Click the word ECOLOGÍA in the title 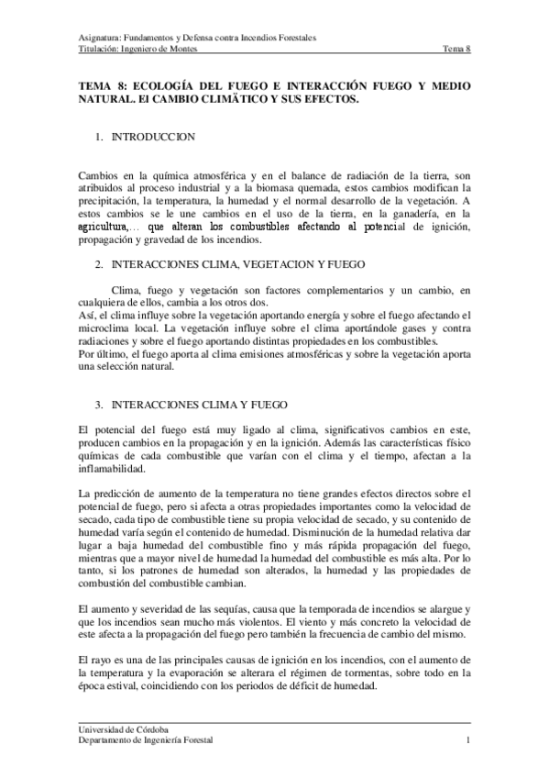pos(159,85)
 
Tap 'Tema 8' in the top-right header pos(456,50)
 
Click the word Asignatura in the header pos(101,39)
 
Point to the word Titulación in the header pos(99,50)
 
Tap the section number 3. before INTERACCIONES pos(99,405)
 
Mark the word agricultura pos(103,227)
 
